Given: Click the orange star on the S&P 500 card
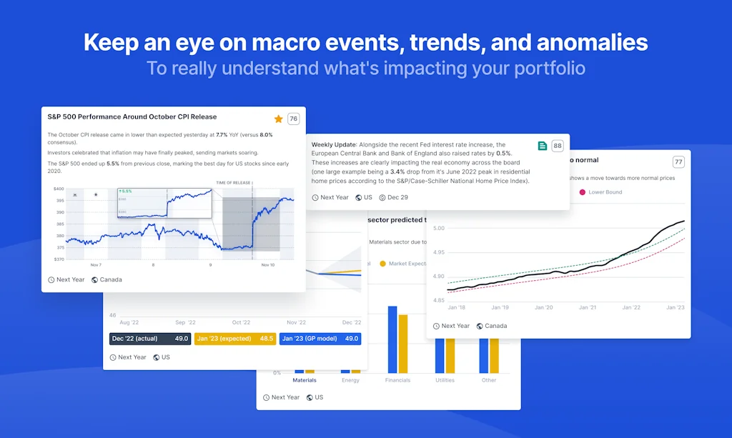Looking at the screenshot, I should click(278, 119).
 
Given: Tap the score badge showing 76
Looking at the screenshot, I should click(293, 119).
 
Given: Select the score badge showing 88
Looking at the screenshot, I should click(558, 146).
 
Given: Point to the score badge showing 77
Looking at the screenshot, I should click(678, 161).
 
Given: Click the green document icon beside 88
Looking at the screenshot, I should click(543, 146).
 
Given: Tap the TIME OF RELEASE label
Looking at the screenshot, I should click(233, 183).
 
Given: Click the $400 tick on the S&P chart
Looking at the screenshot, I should click(59, 189).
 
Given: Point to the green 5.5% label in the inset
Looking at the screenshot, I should click(126, 191).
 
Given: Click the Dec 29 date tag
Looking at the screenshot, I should click(397, 197).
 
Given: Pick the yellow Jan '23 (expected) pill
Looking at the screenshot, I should click(234, 339).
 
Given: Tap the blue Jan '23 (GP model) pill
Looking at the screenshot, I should click(320, 339).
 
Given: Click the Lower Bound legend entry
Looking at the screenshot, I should click(605, 192).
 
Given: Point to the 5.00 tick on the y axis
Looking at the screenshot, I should click(438, 229).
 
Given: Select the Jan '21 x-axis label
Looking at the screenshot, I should click(588, 307).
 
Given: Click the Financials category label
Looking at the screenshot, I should click(397, 380).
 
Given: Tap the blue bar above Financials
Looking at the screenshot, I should click(392, 339).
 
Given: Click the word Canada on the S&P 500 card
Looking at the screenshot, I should click(111, 279).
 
